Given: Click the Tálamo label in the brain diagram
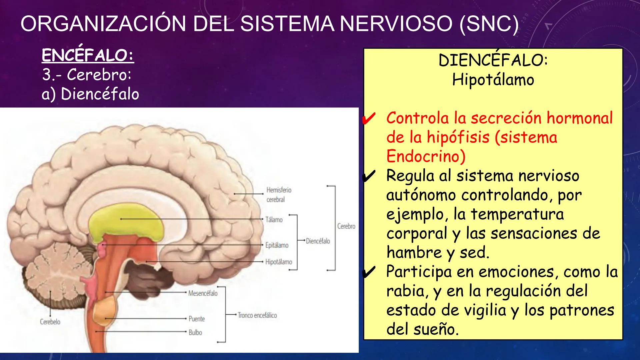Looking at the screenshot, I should point(274,220).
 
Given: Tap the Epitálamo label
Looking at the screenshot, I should point(277,245).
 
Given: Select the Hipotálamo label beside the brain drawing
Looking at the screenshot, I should point(278,262).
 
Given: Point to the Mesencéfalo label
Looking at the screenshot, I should point(203,293).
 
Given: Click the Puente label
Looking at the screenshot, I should point(196,319).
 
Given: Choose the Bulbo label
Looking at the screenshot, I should point(195,332).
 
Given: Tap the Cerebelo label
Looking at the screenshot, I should point(50,322).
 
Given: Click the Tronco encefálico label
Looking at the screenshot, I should point(257,315).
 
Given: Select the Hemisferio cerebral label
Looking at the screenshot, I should point(278,195).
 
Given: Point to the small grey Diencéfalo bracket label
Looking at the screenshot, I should point(318,241).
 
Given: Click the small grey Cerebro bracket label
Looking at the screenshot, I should point(346,226).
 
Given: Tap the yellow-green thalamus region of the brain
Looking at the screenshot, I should point(127,223).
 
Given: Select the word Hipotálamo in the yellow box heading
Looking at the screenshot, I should point(493,80).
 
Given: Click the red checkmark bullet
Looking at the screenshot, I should point(369,119).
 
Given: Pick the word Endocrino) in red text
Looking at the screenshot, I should point(426,157).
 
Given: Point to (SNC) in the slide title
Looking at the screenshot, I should point(489,24).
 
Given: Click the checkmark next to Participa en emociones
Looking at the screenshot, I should point(369,272).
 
